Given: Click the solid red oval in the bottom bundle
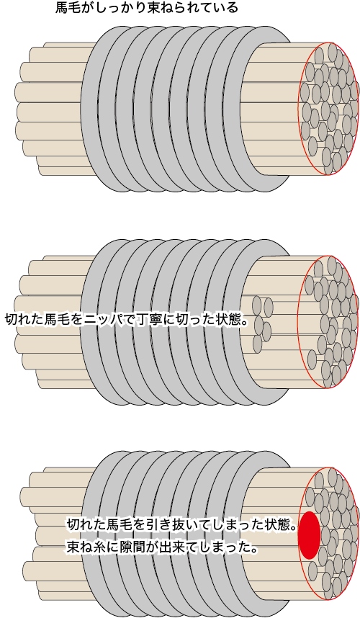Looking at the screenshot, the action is (x=309, y=535).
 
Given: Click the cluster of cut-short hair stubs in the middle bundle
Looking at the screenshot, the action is (x=262, y=323).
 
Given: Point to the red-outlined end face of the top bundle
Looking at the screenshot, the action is (x=328, y=108).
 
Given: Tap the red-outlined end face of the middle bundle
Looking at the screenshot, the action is (x=328, y=322).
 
